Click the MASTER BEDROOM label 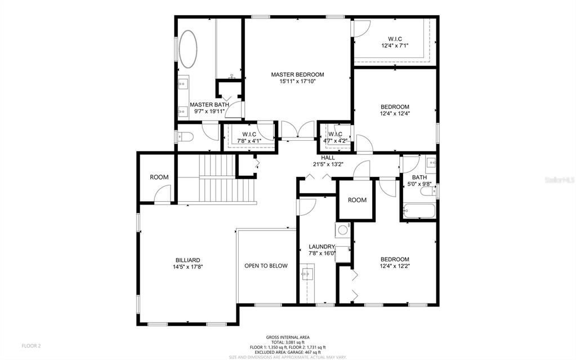[297, 74]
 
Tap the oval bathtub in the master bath [188, 49]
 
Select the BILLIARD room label [188, 260]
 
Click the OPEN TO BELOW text [266, 266]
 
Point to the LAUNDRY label [322, 247]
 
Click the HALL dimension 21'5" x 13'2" [328, 165]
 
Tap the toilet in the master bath [184, 136]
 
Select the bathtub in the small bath [419, 212]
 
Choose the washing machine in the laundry [342, 229]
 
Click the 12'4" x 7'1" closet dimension [394, 46]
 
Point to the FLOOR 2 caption [32, 345]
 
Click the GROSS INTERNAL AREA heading [288, 337]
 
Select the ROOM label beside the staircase [159, 177]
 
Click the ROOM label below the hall [357, 200]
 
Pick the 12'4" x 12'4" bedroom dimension [395, 113]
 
